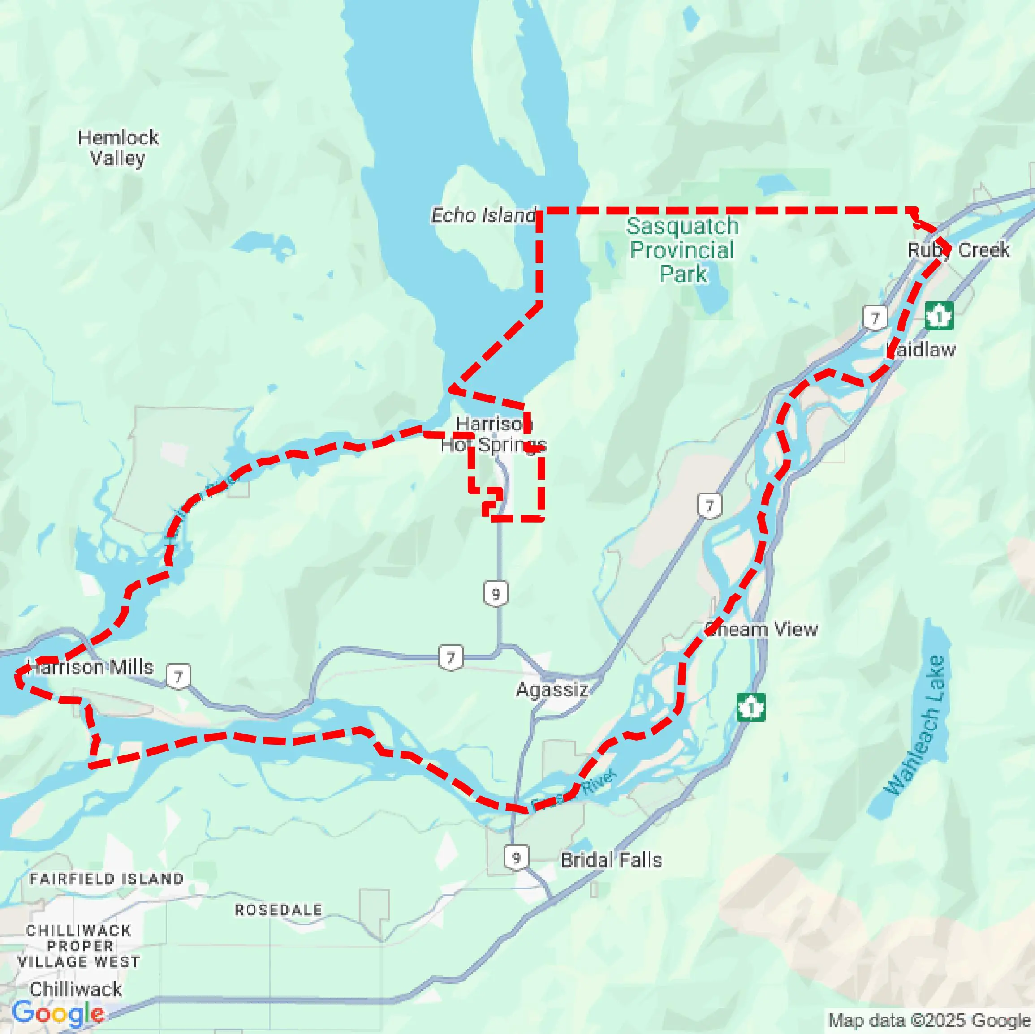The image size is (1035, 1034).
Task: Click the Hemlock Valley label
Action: (x=118, y=148)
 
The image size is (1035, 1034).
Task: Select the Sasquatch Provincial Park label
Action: (x=682, y=249)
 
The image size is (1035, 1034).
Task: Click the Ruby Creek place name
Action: (x=958, y=249)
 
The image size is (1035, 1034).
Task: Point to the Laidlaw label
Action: (x=921, y=350)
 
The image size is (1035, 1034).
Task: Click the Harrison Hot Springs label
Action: (x=493, y=434)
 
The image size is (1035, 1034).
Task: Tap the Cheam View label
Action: (x=761, y=629)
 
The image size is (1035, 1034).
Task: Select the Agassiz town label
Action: (x=552, y=689)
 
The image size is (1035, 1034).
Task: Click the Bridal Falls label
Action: (x=611, y=860)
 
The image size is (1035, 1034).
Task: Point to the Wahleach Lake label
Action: (x=915, y=726)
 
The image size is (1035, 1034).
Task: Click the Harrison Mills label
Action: (x=91, y=667)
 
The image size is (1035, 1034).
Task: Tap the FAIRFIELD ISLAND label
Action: (x=107, y=879)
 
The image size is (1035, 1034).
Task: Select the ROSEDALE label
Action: (x=279, y=910)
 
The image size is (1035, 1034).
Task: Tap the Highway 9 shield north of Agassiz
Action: (x=496, y=594)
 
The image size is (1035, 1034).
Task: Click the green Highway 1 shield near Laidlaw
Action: (x=939, y=317)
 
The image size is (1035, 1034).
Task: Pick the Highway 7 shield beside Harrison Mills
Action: (x=178, y=677)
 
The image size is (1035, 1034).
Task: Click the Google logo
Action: (x=58, y=1013)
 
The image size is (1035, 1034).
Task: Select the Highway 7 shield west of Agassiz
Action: (x=451, y=657)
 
